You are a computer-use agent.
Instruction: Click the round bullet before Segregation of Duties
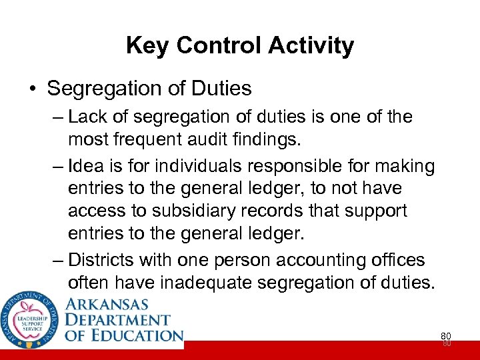34,89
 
